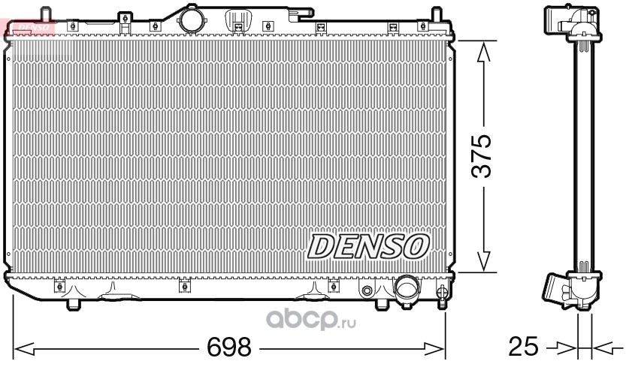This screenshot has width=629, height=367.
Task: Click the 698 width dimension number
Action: point(228,347)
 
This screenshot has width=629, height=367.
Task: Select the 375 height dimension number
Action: point(481,156)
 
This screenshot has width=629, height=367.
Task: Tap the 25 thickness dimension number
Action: point(523,346)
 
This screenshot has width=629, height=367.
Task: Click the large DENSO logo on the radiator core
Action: point(367,246)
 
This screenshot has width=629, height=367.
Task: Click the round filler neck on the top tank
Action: point(192,20)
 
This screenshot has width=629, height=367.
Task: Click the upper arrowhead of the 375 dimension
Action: point(483,53)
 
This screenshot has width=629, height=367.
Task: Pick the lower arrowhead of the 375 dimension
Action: point(484,260)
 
